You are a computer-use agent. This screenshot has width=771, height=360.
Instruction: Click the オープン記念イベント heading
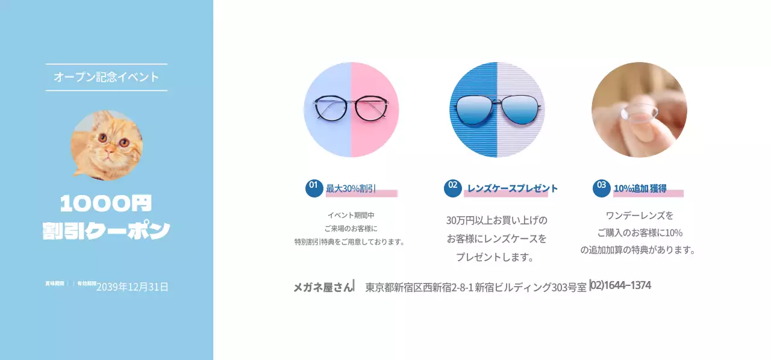[x=107, y=77]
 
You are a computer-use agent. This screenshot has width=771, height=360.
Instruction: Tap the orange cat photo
[x=107, y=145]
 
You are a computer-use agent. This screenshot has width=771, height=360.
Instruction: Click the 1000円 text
[x=107, y=203]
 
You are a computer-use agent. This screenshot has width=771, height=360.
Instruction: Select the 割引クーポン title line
[x=107, y=231]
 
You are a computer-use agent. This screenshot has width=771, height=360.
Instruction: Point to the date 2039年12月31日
[x=133, y=287]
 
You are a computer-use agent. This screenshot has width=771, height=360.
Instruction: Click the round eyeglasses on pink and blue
[x=351, y=110]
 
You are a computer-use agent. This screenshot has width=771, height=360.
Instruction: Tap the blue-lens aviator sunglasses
[x=497, y=110]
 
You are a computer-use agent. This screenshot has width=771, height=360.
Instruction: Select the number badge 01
[x=314, y=187]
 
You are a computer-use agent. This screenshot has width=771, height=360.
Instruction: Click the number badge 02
[x=453, y=187]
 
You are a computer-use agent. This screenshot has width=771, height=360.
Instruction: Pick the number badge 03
[x=601, y=187]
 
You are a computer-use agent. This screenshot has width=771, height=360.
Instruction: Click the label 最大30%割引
[x=351, y=188]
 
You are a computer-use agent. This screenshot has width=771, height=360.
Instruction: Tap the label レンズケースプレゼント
[x=513, y=188]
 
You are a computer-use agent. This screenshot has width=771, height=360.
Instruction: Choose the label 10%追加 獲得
[x=640, y=188]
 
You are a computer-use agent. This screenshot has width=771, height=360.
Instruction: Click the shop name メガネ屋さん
[x=323, y=287]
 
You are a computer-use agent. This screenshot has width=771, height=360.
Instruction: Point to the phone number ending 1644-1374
[x=620, y=285]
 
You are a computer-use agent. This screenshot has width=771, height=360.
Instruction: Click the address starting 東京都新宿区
[x=476, y=287]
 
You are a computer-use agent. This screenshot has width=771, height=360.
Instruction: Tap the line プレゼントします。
[x=496, y=257]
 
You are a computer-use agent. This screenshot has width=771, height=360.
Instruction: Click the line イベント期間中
[x=351, y=215]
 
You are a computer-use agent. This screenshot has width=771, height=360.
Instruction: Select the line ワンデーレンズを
[x=639, y=215]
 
